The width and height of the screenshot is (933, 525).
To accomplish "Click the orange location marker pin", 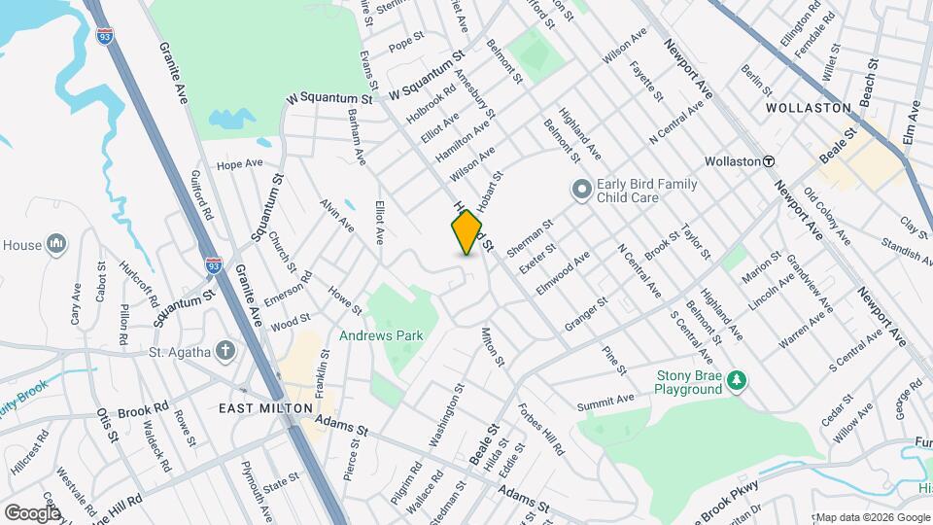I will [467, 232].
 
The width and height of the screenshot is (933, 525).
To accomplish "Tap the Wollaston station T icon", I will [768, 161].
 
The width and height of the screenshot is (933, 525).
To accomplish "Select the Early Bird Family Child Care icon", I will [582, 189].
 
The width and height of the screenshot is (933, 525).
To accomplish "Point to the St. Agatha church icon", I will [225, 351].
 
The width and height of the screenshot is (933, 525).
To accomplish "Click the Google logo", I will [32, 512].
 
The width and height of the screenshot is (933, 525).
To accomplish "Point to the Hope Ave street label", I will [241, 164].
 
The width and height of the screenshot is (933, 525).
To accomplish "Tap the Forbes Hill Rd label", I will [540, 430].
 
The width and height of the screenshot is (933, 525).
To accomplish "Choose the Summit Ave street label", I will [605, 400].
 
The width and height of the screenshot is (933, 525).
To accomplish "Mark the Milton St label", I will [493, 347].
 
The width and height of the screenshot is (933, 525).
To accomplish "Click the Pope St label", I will [406, 45].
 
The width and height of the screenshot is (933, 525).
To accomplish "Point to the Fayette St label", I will [645, 83].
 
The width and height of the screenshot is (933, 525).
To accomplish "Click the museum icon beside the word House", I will [56, 243].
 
